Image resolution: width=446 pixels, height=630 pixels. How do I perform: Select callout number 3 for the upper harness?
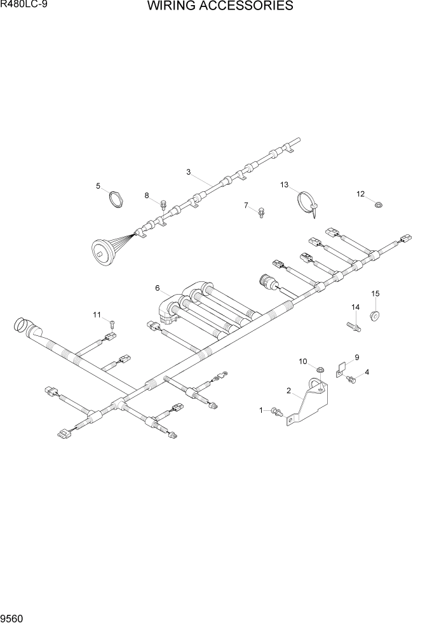tap(189, 171)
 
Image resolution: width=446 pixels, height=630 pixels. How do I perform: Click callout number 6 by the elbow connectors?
tap(157, 288)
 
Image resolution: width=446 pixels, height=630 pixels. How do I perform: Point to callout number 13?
tap(285, 185)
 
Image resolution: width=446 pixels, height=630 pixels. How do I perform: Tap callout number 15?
tap(375, 293)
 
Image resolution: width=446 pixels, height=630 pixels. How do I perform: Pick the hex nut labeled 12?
tap(377, 204)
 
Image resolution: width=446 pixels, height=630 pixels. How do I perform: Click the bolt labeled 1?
tap(277, 412)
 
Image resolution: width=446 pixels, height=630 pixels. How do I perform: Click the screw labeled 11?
tap(112, 324)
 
